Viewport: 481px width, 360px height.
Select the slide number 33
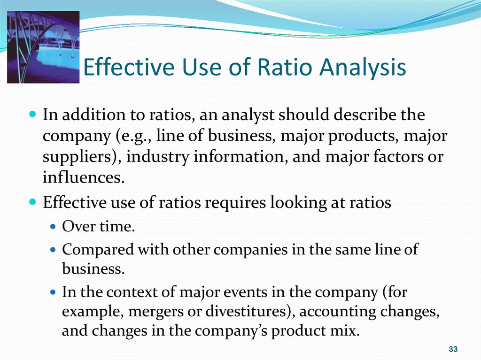point(453,349)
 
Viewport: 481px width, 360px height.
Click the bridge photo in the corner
point(43,47)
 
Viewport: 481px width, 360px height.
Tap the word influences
point(84,177)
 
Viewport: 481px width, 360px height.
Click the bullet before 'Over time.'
point(54,227)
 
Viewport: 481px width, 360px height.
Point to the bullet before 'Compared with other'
point(54,250)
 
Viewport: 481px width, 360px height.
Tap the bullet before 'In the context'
point(54,292)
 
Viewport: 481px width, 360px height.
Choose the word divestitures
point(250,311)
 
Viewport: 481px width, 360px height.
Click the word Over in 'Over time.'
point(78,227)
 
